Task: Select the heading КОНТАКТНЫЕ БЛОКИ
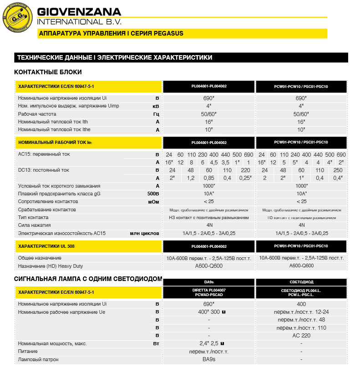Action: pyautogui.click(x=48, y=72)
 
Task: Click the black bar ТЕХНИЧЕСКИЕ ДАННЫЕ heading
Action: pyautogui.click(x=114, y=58)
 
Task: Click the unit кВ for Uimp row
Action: pyautogui.click(x=156, y=106)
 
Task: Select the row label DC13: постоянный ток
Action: pyautogui.click(x=43, y=170)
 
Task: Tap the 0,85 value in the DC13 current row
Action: pyautogui.click(x=209, y=178)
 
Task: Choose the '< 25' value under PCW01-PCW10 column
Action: pyautogui.click(x=302, y=201)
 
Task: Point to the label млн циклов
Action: pyautogui.click(x=145, y=233)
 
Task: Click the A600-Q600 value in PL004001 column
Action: pyautogui.click(x=209, y=266)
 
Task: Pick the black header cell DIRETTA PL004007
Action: pyautogui.click(x=209, y=292)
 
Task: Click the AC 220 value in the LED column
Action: pyautogui.click(x=301, y=335)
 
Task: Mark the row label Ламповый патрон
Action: pyautogui.click(x=38, y=359)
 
